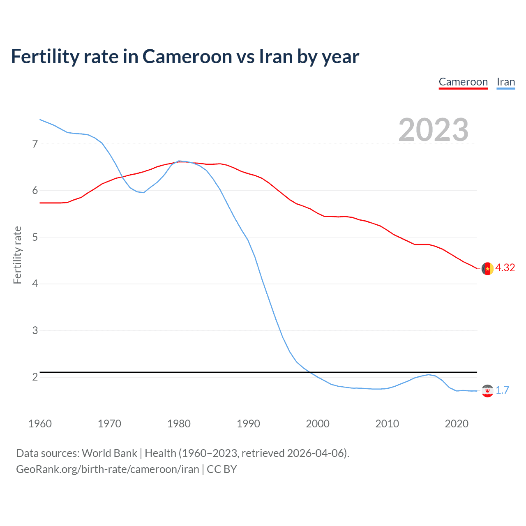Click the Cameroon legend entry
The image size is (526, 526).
[463, 82]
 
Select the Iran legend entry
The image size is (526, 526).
[505, 82]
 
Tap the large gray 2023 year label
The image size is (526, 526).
[433, 130]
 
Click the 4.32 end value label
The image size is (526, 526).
[505, 268]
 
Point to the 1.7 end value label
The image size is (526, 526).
[502, 390]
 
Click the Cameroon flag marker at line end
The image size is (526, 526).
[487, 268]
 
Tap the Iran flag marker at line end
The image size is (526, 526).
[487, 391]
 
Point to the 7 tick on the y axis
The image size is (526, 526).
[35, 144]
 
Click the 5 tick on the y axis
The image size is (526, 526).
[35, 237]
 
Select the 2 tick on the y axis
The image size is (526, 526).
[35, 377]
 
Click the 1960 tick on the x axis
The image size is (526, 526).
[40, 424]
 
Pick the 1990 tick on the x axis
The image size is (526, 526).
[248, 424]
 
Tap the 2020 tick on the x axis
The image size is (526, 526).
[457, 424]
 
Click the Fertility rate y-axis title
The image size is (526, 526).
[17, 255]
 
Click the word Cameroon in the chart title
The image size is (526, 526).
[187, 57]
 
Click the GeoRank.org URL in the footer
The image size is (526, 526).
[107, 469]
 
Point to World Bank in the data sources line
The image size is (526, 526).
[109, 453]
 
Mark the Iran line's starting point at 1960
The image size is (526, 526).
[40, 120]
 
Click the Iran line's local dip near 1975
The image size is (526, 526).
[143, 192]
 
